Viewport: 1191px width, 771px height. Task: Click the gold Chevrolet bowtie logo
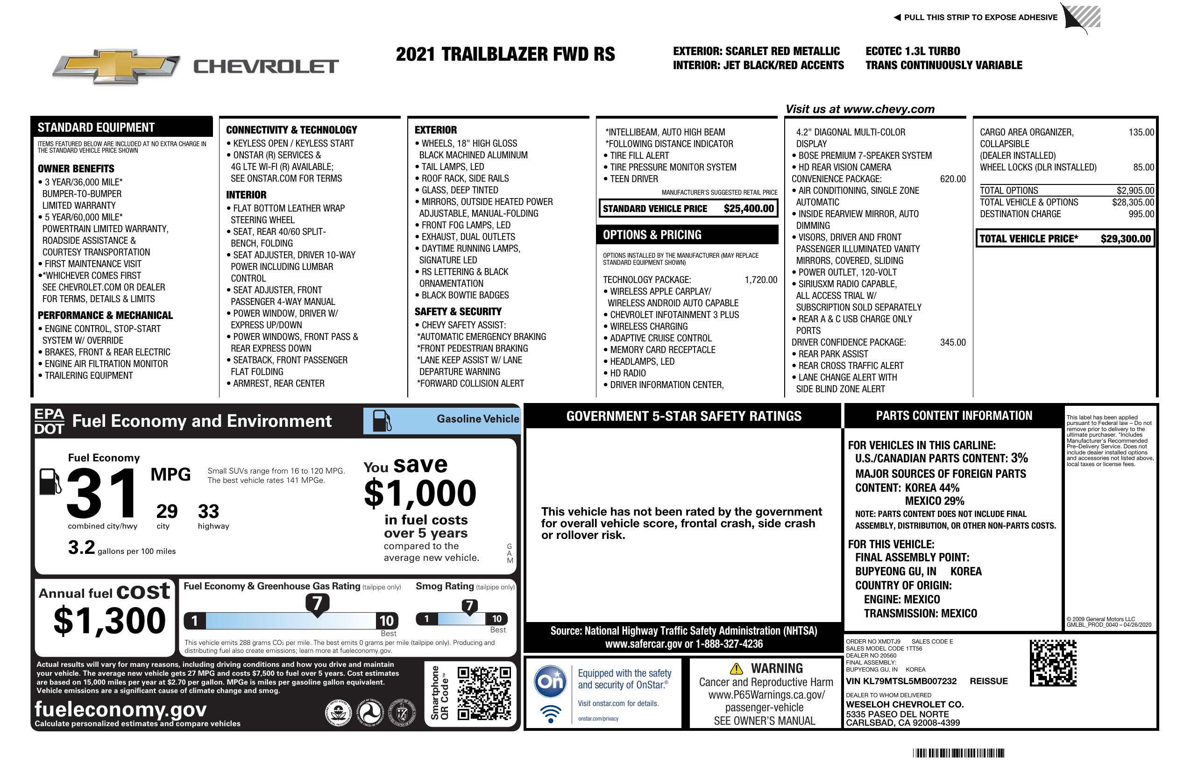click(116, 66)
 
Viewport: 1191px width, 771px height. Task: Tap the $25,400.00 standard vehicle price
click(748, 209)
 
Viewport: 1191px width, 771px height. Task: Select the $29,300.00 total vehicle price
click(1125, 239)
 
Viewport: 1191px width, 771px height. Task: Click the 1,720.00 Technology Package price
click(761, 280)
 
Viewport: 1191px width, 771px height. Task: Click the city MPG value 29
click(167, 511)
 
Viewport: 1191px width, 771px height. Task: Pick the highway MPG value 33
click(208, 511)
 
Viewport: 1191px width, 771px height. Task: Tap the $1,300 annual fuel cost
click(110, 621)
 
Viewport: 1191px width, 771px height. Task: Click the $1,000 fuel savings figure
click(420, 493)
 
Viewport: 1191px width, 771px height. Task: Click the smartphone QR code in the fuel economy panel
click(484, 693)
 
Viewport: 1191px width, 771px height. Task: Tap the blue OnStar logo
click(550, 681)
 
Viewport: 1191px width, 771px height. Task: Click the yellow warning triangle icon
click(736, 668)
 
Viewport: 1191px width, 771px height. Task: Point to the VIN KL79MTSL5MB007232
click(901, 681)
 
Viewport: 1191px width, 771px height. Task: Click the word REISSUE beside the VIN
click(988, 681)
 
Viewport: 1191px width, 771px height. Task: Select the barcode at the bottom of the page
click(958, 753)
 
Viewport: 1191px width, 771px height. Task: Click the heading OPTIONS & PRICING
click(652, 234)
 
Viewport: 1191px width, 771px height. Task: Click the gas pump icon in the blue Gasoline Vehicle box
click(382, 421)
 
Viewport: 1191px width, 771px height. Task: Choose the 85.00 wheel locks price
click(1143, 167)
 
